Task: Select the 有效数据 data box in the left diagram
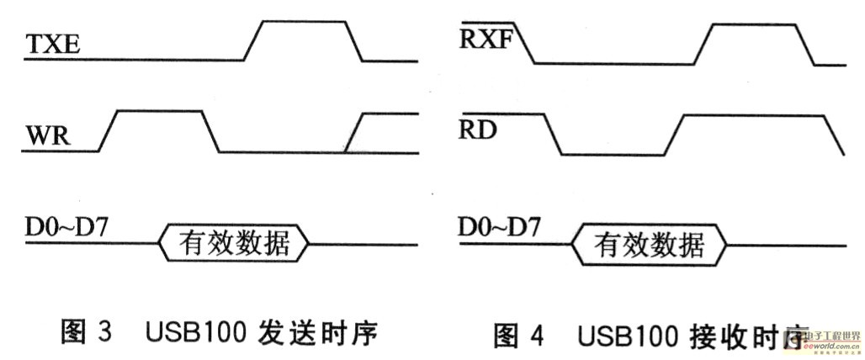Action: click(235, 243)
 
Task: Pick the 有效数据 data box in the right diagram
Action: click(649, 245)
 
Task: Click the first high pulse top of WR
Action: click(159, 111)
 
